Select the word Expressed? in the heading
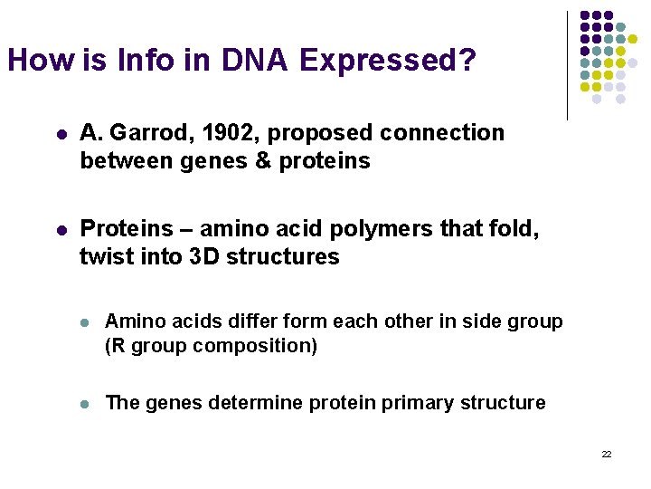(387, 60)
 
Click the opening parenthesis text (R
(116, 346)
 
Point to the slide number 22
(607, 454)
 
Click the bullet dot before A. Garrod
(59, 134)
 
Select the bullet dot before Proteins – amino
(59, 229)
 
